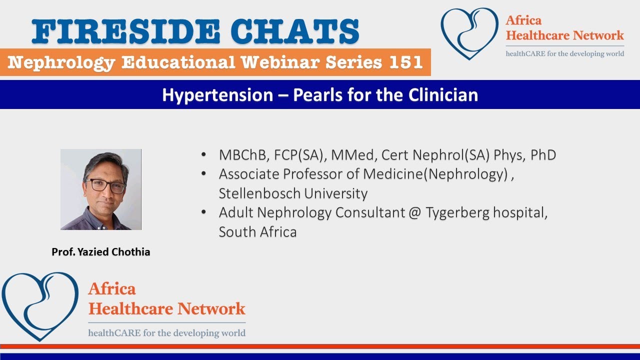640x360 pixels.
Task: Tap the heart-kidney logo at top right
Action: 469,33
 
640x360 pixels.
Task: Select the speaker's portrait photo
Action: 101,189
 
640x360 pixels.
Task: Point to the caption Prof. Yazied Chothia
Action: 101,252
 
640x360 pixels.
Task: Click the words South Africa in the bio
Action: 257,232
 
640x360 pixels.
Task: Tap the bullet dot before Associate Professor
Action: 203,174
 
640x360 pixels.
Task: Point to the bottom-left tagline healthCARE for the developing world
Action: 167,333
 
